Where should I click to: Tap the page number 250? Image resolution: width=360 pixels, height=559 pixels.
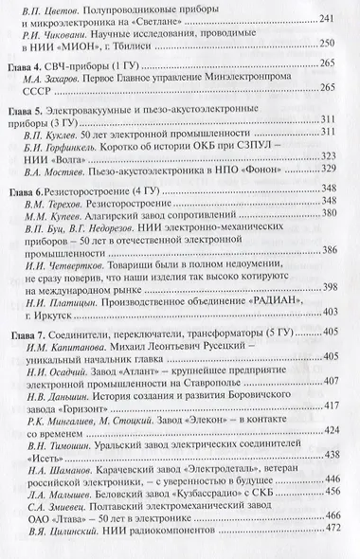click(x=330, y=72)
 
